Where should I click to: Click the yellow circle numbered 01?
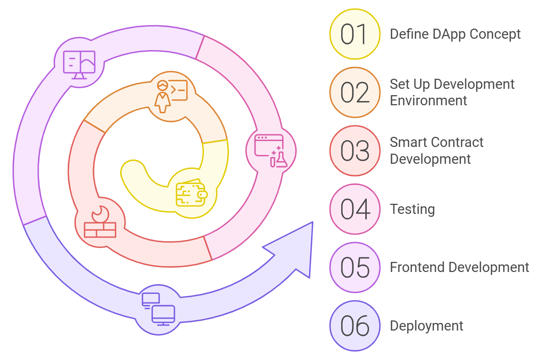coord(355,34)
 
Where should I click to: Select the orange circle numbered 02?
coord(355,92)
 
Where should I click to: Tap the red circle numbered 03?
coord(355,151)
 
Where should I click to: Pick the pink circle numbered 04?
coord(355,209)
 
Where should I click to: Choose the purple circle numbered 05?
coord(355,267)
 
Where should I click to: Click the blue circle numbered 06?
coord(355,326)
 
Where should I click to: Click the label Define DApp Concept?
coord(455,34)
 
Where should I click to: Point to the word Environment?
coord(428,101)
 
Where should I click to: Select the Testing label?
coord(412,209)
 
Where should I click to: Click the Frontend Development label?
coord(459,267)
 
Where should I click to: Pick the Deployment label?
coord(427,326)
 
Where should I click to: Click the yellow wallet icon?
coord(191,193)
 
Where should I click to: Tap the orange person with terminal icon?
coord(171,96)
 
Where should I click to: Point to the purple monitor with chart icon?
coord(79,64)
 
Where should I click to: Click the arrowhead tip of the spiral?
coord(312,223)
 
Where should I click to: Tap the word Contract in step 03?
coord(458,142)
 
